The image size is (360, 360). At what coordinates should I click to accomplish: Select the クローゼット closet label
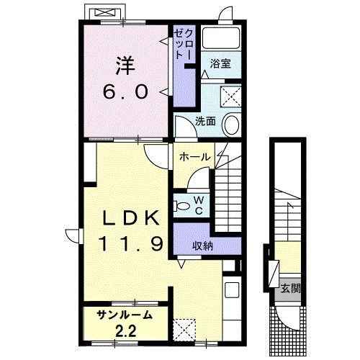pos(184,45)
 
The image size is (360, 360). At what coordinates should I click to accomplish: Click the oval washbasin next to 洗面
pos(232,124)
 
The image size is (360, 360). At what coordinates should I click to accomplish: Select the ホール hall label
pos(194,157)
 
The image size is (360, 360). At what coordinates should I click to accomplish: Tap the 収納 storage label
pos(202,246)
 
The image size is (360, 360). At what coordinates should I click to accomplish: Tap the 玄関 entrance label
pos(291,289)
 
